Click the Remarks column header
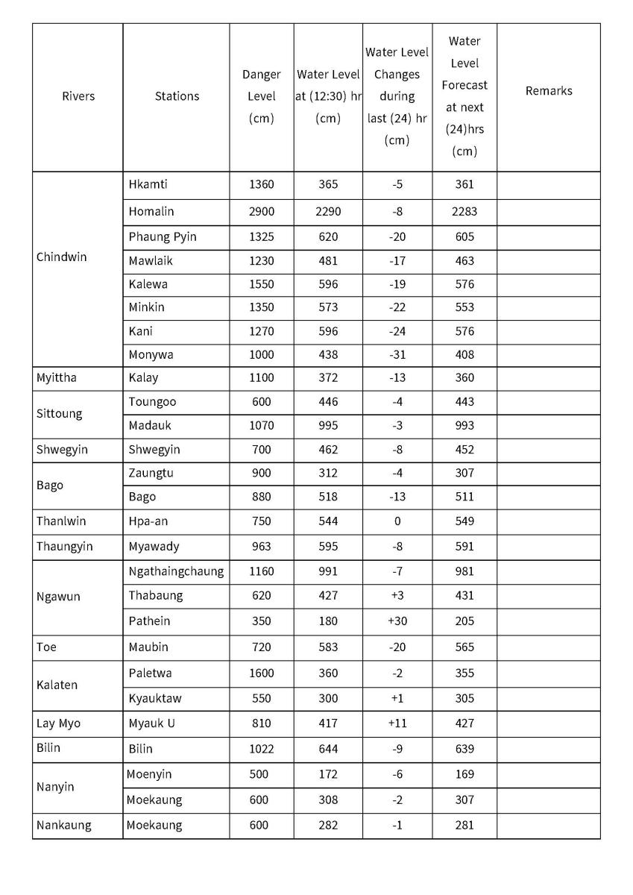tap(549, 91)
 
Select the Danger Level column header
tap(262, 96)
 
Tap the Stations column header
tap(177, 96)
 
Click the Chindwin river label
tap(61, 257)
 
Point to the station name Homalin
tap(151, 212)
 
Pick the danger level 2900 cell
tap(262, 212)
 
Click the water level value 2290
tap(328, 212)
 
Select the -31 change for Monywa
tap(397, 355)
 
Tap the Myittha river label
tap(57, 378)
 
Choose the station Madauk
tap(149, 426)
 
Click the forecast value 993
tap(464, 426)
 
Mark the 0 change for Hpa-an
tap(397, 521)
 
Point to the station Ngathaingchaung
tap(176, 572)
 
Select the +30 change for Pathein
tap(397, 621)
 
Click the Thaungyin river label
tap(64, 547)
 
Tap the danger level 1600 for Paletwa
tap(262, 673)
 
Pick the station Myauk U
tap(151, 723)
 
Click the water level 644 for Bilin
tap(328, 749)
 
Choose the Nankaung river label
tap(64, 826)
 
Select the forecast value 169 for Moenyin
tap(464, 775)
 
